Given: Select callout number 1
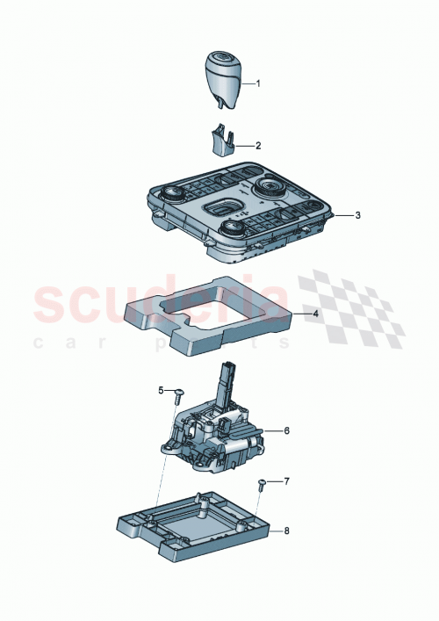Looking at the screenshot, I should click(257, 83).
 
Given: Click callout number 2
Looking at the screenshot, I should click(258, 145).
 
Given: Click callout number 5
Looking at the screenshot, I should click(161, 390).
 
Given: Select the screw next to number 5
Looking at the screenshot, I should click(178, 394).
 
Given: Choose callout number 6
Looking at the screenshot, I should click(285, 431).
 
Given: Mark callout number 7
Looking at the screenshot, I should click(286, 481).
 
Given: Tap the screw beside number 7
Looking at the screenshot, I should click(263, 485).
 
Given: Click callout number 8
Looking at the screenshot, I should click(286, 531).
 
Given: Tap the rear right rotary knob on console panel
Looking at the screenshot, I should click(266, 188).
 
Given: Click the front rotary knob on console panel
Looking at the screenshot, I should click(232, 229).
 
